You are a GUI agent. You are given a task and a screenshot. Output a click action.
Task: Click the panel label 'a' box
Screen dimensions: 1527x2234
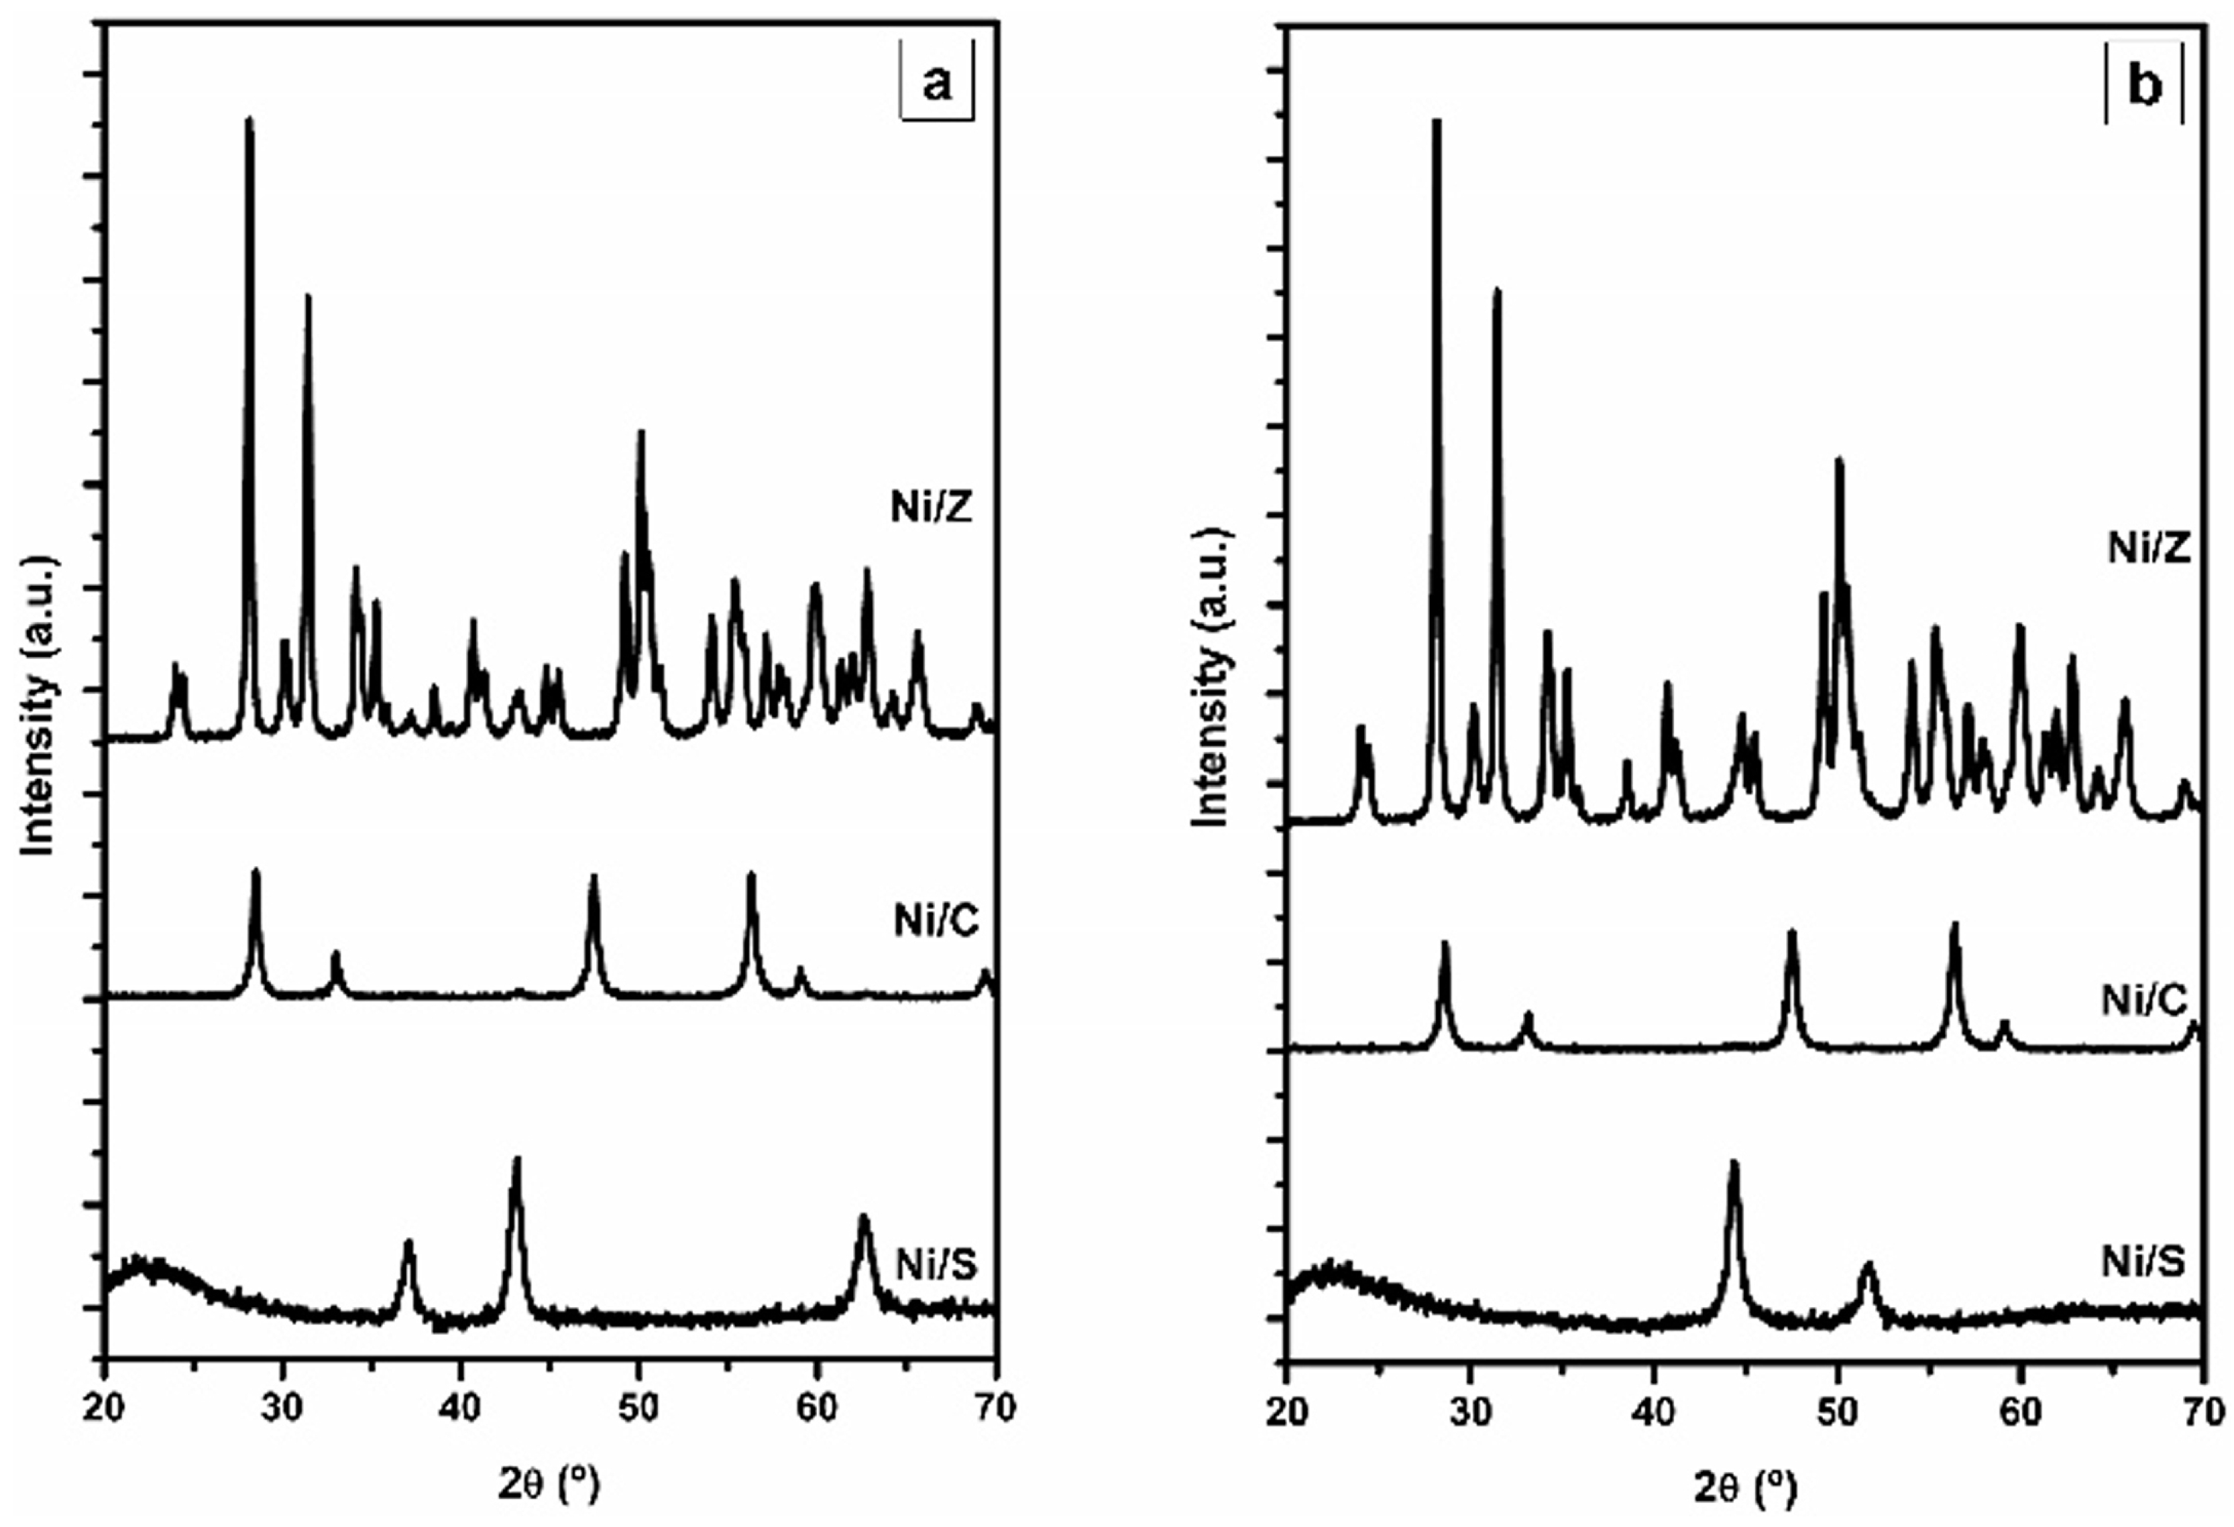(x=936, y=84)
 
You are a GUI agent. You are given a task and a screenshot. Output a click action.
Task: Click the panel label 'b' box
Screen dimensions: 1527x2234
(x=2145, y=86)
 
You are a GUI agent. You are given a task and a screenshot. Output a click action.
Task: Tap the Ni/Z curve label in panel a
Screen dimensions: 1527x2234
(x=932, y=507)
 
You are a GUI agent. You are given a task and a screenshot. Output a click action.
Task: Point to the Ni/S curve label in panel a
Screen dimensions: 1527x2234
(x=936, y=1265)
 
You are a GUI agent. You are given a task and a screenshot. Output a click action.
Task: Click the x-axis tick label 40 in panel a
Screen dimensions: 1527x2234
(x=461, y=1407)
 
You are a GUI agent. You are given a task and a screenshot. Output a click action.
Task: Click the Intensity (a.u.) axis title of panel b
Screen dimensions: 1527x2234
(x=1214, y=678)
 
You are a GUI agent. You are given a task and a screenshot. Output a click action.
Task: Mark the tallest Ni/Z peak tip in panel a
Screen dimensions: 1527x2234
(x=249, y=120)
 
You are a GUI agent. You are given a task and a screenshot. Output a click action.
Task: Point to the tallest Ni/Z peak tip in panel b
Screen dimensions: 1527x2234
(x=1437, y=122)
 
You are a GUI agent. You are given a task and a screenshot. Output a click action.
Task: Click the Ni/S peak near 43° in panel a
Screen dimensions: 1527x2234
(x=516, y=1160)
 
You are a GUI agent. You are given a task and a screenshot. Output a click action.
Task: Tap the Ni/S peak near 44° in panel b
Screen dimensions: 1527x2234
(x=1734, y=1163)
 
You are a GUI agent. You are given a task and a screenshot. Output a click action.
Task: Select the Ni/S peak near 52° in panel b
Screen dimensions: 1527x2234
(x=1868, y=1266)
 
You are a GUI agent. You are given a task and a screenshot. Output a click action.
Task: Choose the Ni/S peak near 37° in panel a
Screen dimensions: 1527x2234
(x=408, y=1243)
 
